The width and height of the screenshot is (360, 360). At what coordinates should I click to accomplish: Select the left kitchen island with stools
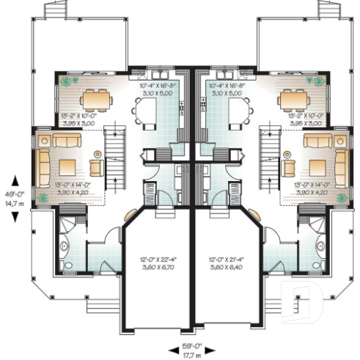[147, 109]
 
